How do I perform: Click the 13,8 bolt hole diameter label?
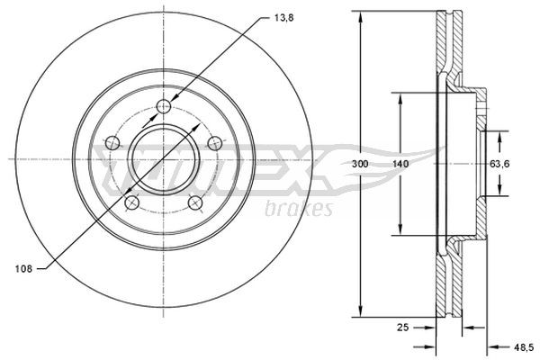[x=283, y=17]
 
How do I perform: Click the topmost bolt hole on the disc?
[x=163, y=108]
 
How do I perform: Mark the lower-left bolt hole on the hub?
[x=131, y=202]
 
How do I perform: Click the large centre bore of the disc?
[x=163, y=160]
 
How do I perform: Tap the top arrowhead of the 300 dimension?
[x=361, y=18]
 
